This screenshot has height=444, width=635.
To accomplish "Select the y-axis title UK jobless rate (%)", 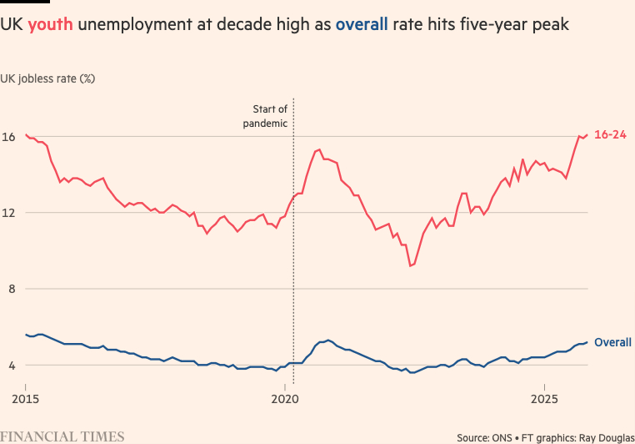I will point(48,78).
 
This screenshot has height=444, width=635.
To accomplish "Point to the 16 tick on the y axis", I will point(10,136).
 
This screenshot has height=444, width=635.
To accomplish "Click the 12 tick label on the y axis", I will point(10,213).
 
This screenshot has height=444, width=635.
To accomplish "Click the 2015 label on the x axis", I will point(26,400).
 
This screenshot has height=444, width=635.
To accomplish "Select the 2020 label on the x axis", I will point(285,400).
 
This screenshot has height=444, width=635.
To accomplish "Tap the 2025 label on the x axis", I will point(544,400).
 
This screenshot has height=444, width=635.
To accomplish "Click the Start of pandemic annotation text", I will point(269,116).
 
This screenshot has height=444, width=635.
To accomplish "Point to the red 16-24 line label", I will point(610,135).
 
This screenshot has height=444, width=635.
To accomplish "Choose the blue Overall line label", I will point(612,342).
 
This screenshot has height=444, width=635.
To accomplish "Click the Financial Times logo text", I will point(62,436).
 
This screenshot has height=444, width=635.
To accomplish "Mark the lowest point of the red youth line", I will point(410,265).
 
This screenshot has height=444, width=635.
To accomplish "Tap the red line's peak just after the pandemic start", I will point(319,149).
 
